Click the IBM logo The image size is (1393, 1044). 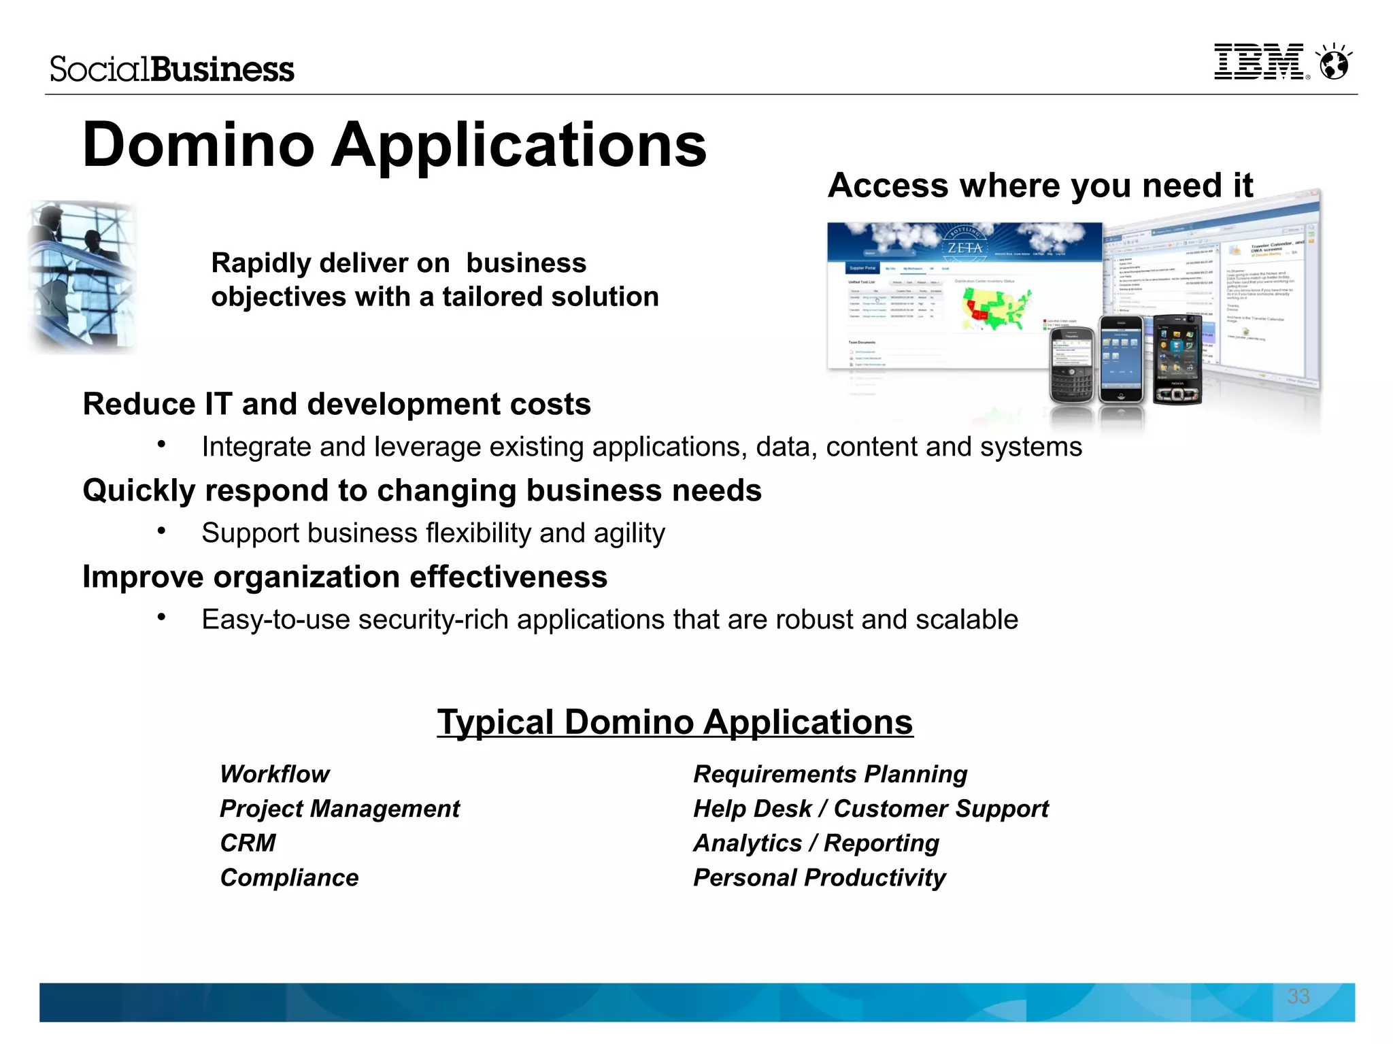[x=1258, y=63]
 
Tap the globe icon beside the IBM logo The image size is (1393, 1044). [x=1334, y=63]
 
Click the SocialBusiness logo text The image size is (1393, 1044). [x=172, y=69]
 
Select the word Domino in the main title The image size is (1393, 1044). [x=198, y=145]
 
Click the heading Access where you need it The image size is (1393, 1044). [x=1040, y=186]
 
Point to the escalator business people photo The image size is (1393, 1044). [x=83, y=277]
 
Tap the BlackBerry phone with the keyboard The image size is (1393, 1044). [x=1072, y=366]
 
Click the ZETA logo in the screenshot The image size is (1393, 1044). [x=965, y=248]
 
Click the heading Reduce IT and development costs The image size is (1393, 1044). [x=337, y=404]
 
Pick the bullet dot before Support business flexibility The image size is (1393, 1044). [x=161, y=531]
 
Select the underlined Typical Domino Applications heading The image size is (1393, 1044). [x=675, y=722]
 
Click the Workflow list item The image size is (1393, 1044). [x=275, y=774]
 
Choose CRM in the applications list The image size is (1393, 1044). [x=248, y=843]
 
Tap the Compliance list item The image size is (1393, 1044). [x=289, y=878]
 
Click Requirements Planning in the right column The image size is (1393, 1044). [x=830, y=774]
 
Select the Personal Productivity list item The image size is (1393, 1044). [x=819, y=878]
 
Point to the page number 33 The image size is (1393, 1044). [x=1298, y=996]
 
